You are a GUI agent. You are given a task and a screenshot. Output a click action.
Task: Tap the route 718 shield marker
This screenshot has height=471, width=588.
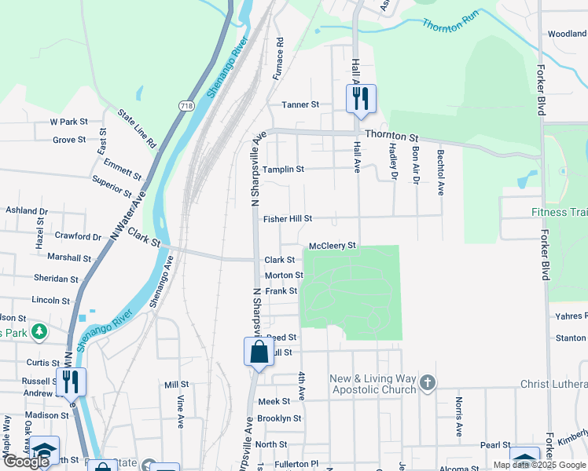click(x=186, y=106)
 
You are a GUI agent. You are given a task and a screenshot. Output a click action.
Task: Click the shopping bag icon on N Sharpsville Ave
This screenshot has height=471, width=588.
click(x=259, y=353)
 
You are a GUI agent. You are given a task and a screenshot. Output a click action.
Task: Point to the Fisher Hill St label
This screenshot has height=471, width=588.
click(x=288, y=219)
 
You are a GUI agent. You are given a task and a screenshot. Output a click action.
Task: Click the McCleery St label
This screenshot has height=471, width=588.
click(x=333, y=246)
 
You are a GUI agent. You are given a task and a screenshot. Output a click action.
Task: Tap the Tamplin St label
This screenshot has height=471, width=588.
click(x=283, y=170)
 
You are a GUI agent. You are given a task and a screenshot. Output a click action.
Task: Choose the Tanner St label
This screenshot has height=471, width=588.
click(x=300, y=104)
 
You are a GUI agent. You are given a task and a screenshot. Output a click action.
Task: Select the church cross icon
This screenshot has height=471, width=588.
click(x=427, y=383)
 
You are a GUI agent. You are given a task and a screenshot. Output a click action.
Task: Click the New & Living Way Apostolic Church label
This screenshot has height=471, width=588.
click(x=373, y=385)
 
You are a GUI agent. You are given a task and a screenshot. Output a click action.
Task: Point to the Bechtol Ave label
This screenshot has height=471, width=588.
click(x=441, y=172)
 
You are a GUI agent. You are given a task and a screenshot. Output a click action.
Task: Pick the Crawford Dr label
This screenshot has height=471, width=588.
click(x=78, y=236)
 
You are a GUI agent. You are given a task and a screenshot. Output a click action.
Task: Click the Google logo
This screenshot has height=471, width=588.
click(x=26, y=462)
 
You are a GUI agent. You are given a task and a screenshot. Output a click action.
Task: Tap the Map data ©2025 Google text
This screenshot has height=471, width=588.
click(x=538, y=465)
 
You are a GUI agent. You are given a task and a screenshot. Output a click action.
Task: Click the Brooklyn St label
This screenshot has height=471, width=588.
click(x=279, y=418)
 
